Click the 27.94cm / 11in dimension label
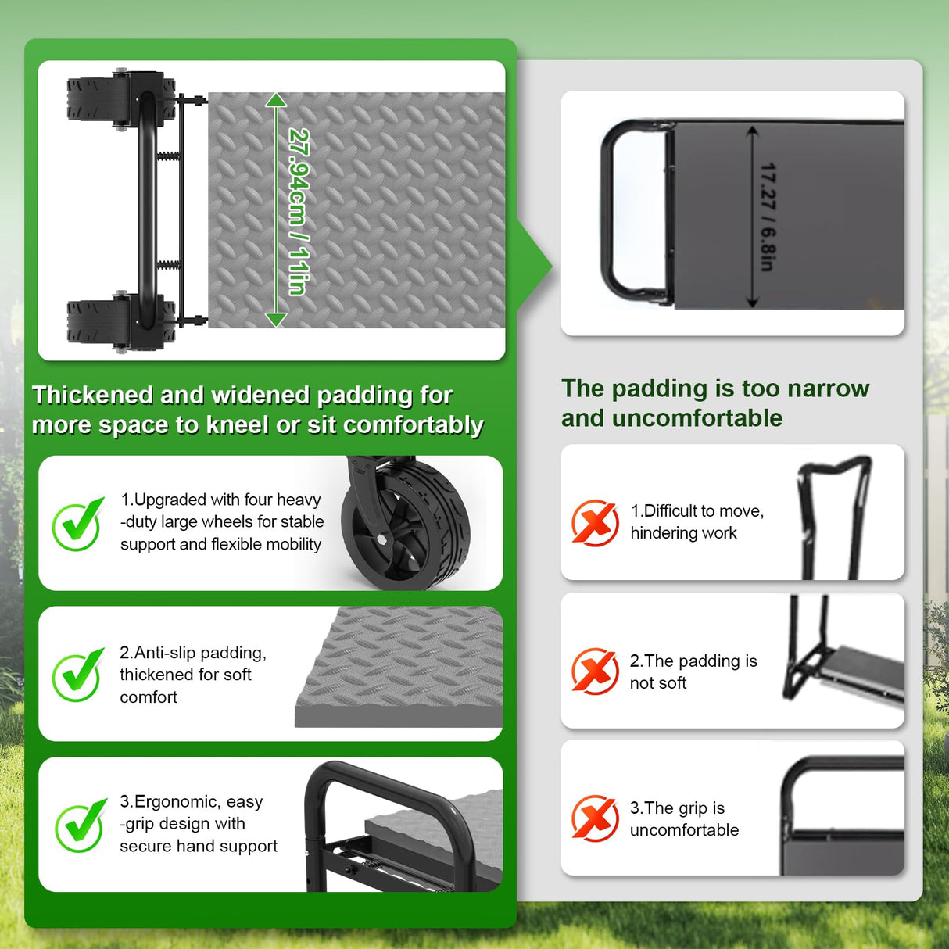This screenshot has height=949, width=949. (x=299, y=212)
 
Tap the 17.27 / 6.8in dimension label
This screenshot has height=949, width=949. (x=768, y=217)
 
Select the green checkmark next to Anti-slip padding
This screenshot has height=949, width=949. (x=79, y=674)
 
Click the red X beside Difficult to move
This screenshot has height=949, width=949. (x=595, y=522)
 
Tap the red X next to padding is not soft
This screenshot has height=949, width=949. (x=595, y=671)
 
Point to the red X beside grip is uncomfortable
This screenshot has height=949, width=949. (x=595, y=818)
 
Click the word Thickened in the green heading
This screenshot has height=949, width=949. (x=92, y=395)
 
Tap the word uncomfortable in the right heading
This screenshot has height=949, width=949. (x=697, y=418)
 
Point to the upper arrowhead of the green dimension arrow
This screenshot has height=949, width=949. (x=276, y=100)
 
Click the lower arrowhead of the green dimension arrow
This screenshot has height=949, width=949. (x=276, y=320)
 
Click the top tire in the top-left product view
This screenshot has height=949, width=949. (x=121, y=99)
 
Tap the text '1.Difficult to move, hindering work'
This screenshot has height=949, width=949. (x=697, y=521)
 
